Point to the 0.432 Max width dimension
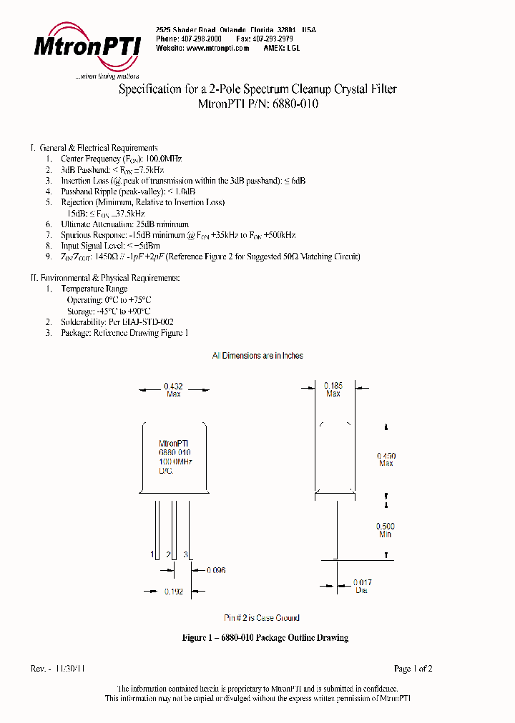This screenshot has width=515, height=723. [173, 389]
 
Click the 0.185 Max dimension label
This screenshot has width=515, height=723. [333, 389]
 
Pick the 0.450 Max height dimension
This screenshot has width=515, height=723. [386, 459]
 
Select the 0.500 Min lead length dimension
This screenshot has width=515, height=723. [385, 530]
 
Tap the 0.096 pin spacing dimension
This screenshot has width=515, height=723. [216, 570]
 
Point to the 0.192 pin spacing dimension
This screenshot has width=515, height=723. [173, 592]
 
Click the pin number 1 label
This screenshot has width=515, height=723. [152, 554]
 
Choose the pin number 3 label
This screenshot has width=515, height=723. [186, 554]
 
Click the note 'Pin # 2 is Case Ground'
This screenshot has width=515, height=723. [262, 618]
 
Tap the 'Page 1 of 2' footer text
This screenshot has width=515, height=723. [413, 669]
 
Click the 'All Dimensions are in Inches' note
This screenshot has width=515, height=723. [257, 355]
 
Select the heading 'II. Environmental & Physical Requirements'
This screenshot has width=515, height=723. [105, 277]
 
